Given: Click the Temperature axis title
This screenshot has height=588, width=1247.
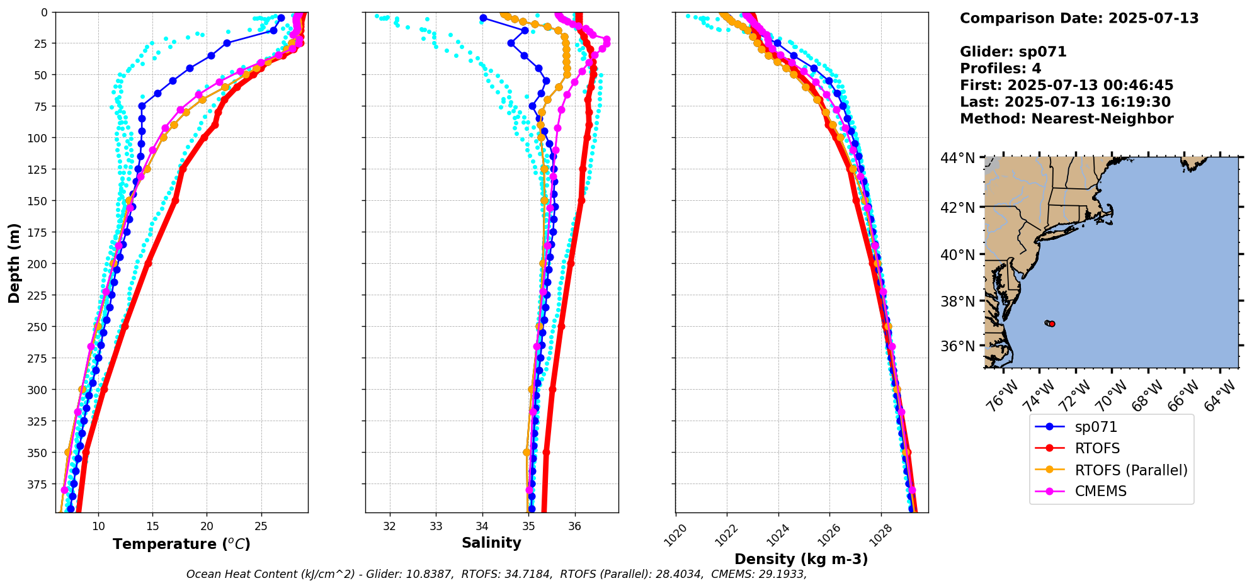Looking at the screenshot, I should [181, 544].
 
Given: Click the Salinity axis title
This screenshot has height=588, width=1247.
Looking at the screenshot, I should [491, 543].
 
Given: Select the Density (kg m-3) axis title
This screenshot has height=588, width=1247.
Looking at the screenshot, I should [801, 559].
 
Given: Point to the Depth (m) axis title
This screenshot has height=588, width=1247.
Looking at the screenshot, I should [14, 263].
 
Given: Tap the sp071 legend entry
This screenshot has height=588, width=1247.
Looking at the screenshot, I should [1096, 427].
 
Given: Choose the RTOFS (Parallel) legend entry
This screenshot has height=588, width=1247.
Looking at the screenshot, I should [1130, 470].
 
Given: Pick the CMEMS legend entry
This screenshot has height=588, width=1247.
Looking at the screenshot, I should [1100, 491].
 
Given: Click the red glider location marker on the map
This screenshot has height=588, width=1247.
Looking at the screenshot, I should [1052, 324].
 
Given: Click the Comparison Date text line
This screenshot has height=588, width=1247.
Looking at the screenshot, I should [1079, 18].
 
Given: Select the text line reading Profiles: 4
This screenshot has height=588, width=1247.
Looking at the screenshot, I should [1000, 69].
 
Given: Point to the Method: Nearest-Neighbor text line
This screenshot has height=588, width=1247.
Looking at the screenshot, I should [1066, 119].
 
